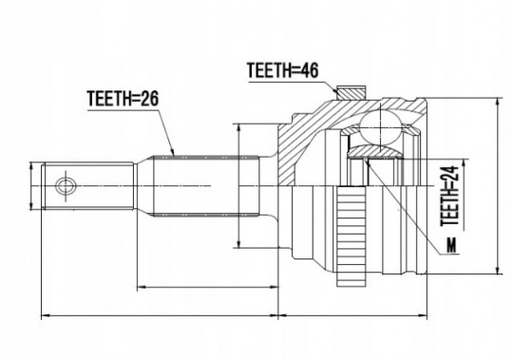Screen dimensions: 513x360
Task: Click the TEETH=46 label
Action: pos(282,70)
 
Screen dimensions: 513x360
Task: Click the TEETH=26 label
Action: pos(123,99)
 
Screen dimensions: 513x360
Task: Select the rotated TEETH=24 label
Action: pos(450,197)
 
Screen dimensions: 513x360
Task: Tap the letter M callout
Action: pos(451,245)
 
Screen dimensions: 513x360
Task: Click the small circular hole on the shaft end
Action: pos(66,186)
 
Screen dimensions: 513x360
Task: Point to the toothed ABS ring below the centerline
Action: pos(351,236)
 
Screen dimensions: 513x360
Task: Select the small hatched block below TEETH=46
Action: pos(351,92)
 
